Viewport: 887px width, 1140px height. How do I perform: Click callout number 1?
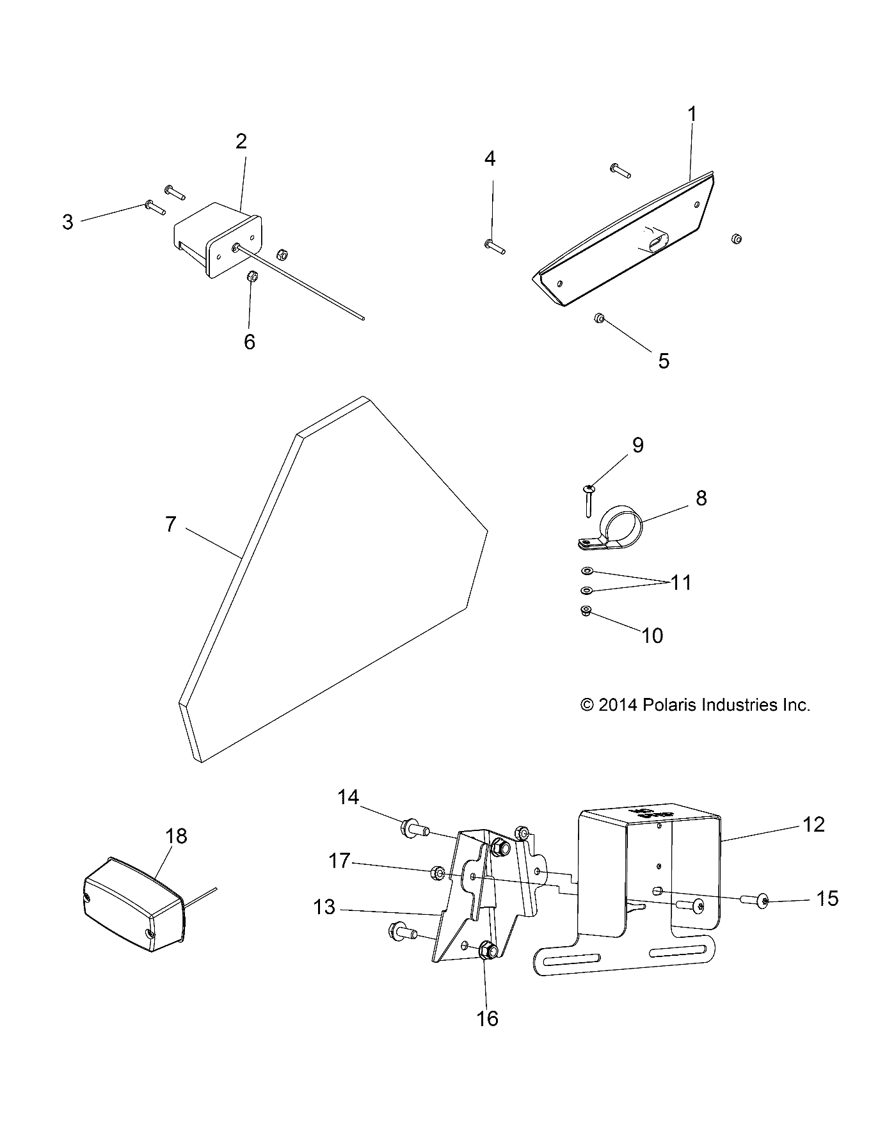pyautogui.click(x=692, y=115)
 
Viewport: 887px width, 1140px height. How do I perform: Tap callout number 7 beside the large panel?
pyautogui.click(x=170, y=525)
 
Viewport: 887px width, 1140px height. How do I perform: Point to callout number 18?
pyautogui.click(x=176, y=836)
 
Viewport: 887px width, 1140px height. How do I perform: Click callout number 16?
pyautogui.click(x=488, y=1018)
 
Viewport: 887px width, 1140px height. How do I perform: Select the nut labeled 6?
pyautogui.click(x=251, y=277)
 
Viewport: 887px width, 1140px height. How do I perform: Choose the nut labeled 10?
pyautogui.click(x=584, y=612)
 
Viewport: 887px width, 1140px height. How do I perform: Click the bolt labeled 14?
pyautogui.click(x=413, y=830)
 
